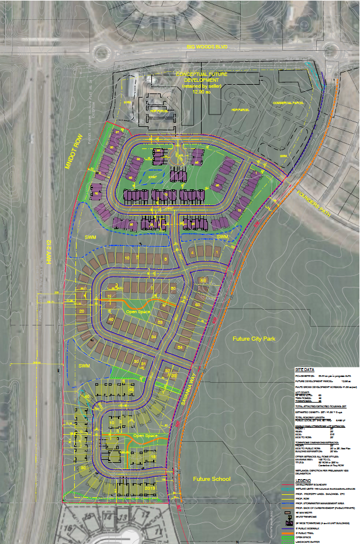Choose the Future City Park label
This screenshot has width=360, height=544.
point(253,339)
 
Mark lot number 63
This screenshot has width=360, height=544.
point(203,281)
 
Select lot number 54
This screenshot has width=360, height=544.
point(180,348)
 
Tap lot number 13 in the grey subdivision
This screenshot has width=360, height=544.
point(123,517)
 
